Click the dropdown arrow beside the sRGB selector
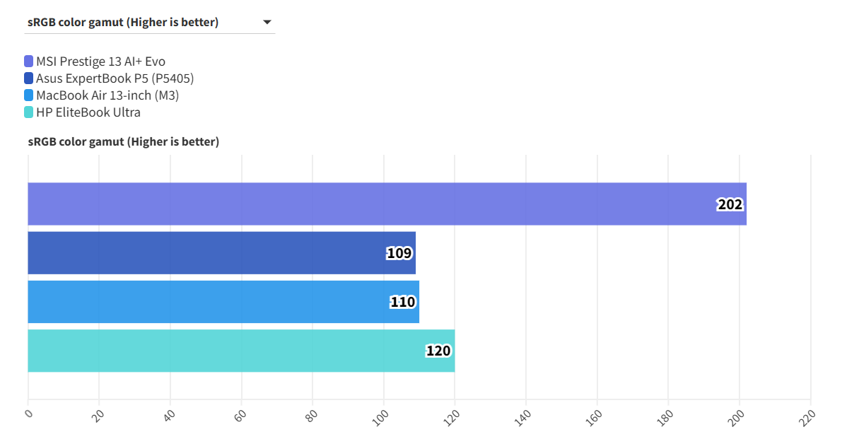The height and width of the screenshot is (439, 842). tap(267, 23)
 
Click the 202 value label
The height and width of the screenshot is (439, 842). tap(730, 204)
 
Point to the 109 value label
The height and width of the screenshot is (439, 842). tap(399, 253)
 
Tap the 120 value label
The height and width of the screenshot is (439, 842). tap(438, 351)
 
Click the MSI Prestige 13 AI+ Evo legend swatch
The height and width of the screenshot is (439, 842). tap(28, 62)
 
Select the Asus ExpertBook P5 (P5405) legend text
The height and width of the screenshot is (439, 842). tap(115, 78)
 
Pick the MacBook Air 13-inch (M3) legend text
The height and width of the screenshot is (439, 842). tap(107, 95)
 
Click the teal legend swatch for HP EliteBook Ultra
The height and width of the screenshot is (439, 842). tap(28, 112)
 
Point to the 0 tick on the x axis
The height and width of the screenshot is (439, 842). tap(29, 414)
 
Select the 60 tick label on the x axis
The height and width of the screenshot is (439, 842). tap(241, 415)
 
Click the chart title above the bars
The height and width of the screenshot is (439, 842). tap(124, 141)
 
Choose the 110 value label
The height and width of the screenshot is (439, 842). tap(403, 302)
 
